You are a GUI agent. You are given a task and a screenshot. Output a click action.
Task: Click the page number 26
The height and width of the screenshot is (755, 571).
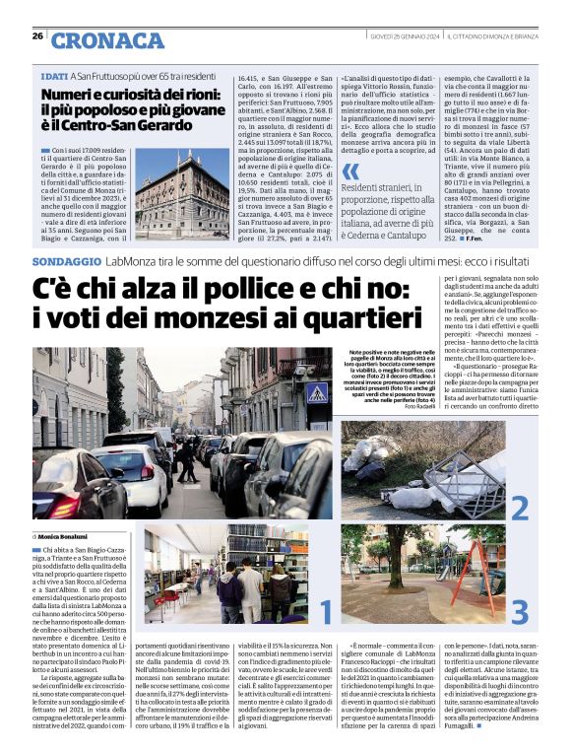37,37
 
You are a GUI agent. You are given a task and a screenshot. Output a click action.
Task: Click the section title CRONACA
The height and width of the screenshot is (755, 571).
108,39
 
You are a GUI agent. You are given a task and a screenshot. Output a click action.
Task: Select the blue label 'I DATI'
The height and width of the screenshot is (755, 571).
54,74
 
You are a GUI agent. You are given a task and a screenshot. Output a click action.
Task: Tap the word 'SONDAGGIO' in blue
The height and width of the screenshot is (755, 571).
66,262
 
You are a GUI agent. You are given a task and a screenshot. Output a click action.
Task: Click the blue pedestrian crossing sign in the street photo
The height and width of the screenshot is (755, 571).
317,393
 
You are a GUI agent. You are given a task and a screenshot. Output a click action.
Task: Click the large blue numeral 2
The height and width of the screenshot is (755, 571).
519,507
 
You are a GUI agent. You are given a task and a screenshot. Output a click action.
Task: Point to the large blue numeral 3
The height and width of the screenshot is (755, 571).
519,608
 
